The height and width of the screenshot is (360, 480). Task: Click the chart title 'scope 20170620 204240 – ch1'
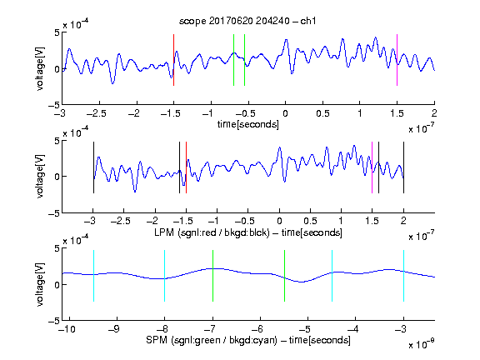[247, 21]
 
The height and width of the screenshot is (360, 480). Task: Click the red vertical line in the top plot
[174, 60]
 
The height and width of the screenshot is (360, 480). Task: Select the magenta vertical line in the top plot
[397, 60]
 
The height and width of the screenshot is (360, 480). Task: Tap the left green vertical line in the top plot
[233, 60]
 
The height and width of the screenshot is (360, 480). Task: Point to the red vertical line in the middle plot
[186, 167]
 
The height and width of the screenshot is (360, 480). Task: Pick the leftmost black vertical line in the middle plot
[93, 167]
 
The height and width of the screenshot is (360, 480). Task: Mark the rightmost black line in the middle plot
[403, 167]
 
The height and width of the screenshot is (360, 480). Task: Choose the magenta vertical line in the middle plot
[372, 167]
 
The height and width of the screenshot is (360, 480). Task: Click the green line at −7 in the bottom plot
[212, 276]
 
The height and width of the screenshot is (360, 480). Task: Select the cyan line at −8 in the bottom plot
[165, 276]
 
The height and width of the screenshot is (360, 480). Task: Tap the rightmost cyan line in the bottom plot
[403, 276]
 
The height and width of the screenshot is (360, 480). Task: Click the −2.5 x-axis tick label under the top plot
[96, 113]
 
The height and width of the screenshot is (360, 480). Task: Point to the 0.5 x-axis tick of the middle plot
[310, 221]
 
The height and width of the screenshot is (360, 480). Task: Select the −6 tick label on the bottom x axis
[257, 329]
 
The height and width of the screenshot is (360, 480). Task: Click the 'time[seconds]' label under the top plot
[248, 124]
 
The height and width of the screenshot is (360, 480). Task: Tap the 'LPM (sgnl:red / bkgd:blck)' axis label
[212, 232]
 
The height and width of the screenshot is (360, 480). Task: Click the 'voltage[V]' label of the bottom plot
[40, 284]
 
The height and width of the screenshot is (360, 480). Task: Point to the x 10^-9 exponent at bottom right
[422, 344]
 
